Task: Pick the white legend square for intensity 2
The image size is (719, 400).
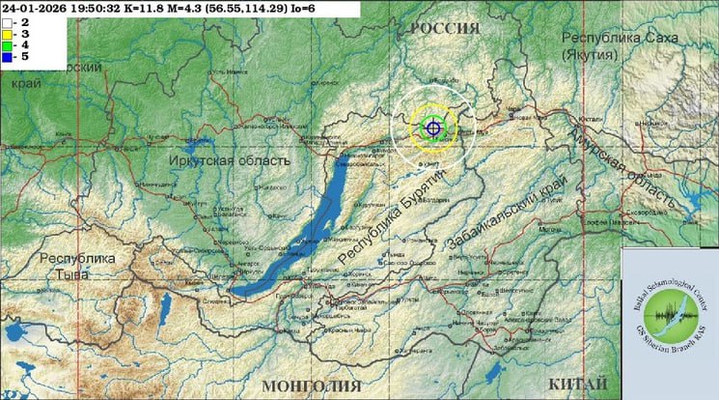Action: (6, 21)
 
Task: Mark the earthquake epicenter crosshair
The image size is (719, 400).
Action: (433, 127)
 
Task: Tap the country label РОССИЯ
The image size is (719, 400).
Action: (445, 29)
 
